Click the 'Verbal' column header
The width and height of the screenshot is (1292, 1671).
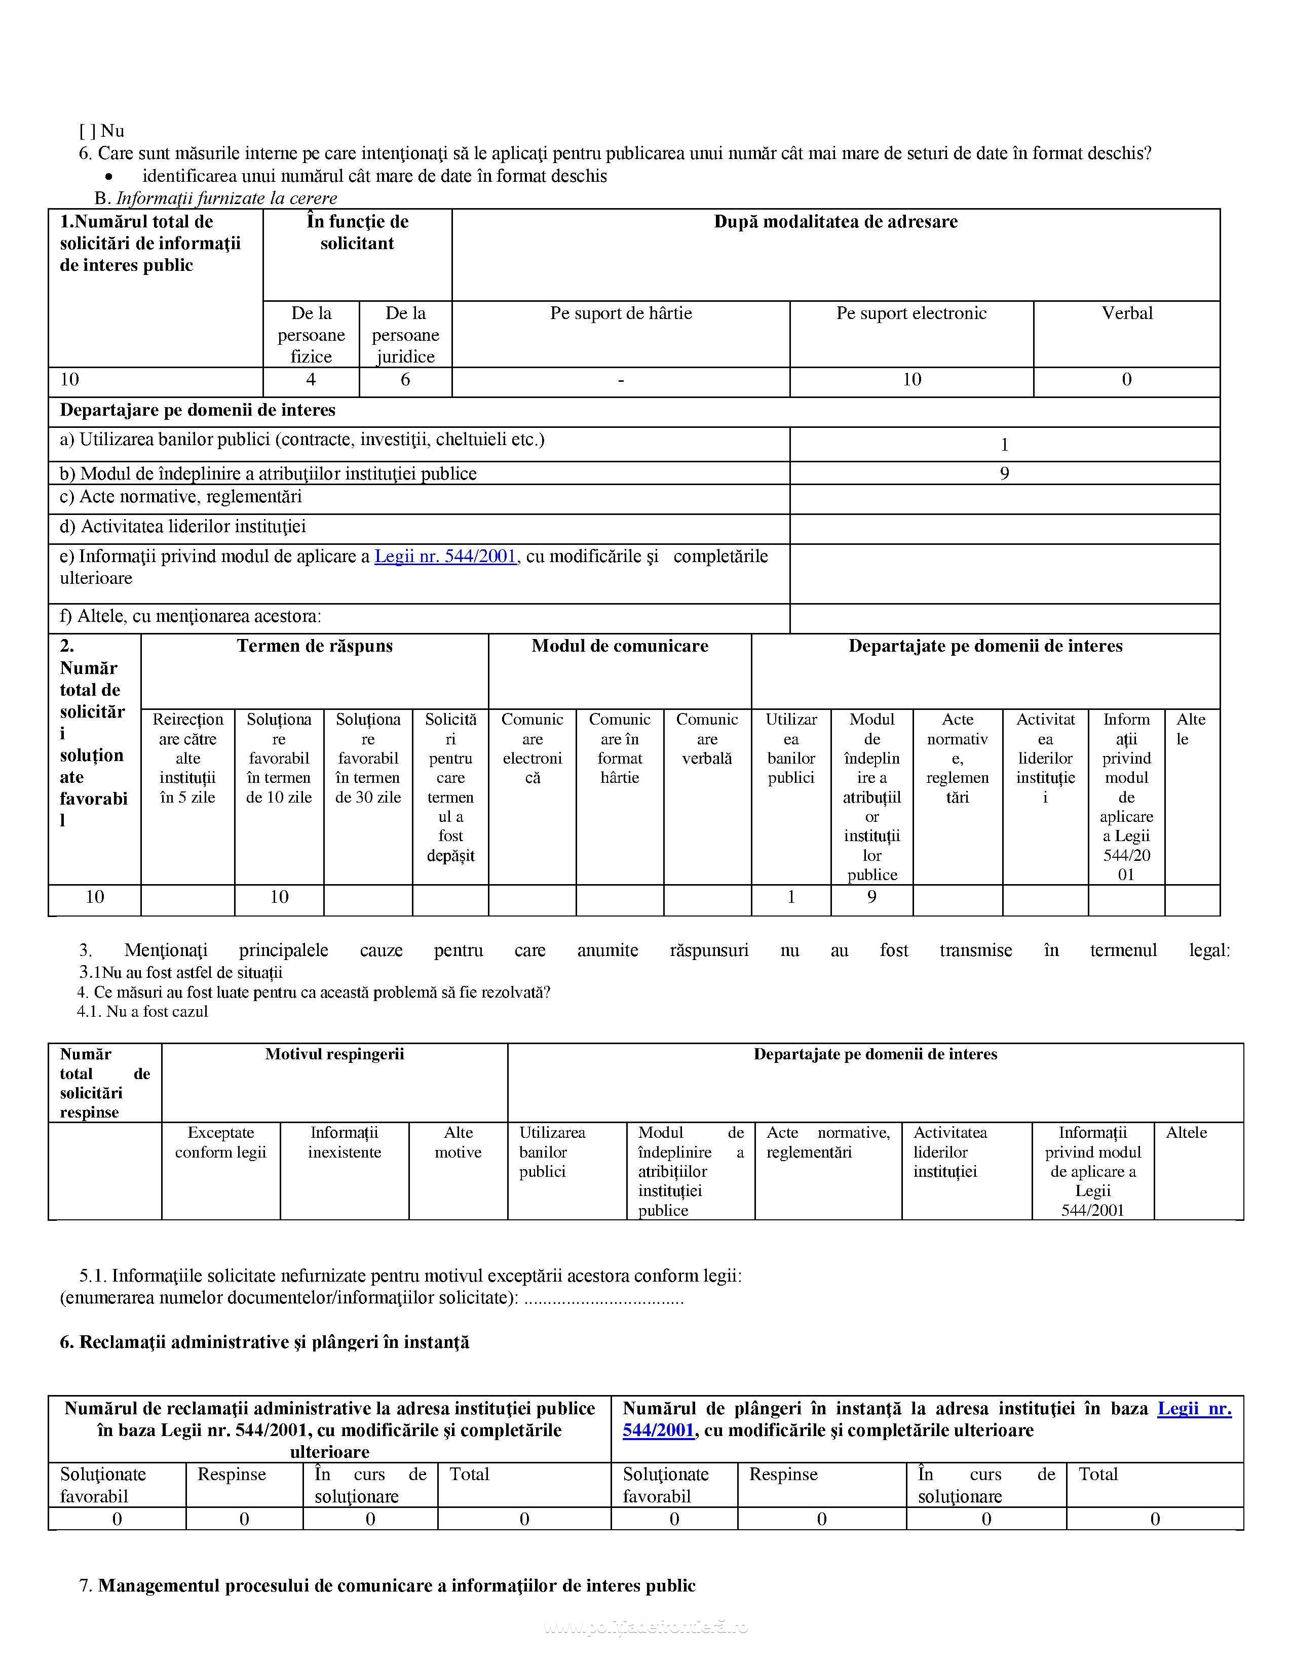(x=1127, y=313)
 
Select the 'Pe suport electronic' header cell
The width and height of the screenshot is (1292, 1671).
(x=911, y=313)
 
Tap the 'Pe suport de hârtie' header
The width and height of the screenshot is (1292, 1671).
(x=621, y=313)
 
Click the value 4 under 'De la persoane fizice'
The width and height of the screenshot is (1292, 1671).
(x=311, y=379)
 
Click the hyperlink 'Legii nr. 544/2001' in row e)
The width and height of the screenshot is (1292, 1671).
(x=445, y=556)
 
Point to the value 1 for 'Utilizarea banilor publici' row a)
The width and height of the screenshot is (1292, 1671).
(x=1004, y=445)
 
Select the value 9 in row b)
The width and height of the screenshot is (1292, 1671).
(x=1004, y=473)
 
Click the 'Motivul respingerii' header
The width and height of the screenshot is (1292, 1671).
(x=334, y=1054)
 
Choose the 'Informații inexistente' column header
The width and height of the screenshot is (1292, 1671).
(x=345, y=1142)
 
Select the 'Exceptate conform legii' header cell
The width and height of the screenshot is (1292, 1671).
(x=220, y=1142)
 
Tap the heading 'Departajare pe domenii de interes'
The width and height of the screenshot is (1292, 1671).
(x=198, y=410)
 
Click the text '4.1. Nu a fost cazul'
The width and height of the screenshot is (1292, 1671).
(x=142, y=1012)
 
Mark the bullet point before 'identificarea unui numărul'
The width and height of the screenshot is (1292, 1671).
(x=119, y=177)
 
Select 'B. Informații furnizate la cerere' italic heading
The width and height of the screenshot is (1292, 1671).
(x=216, y=198)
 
